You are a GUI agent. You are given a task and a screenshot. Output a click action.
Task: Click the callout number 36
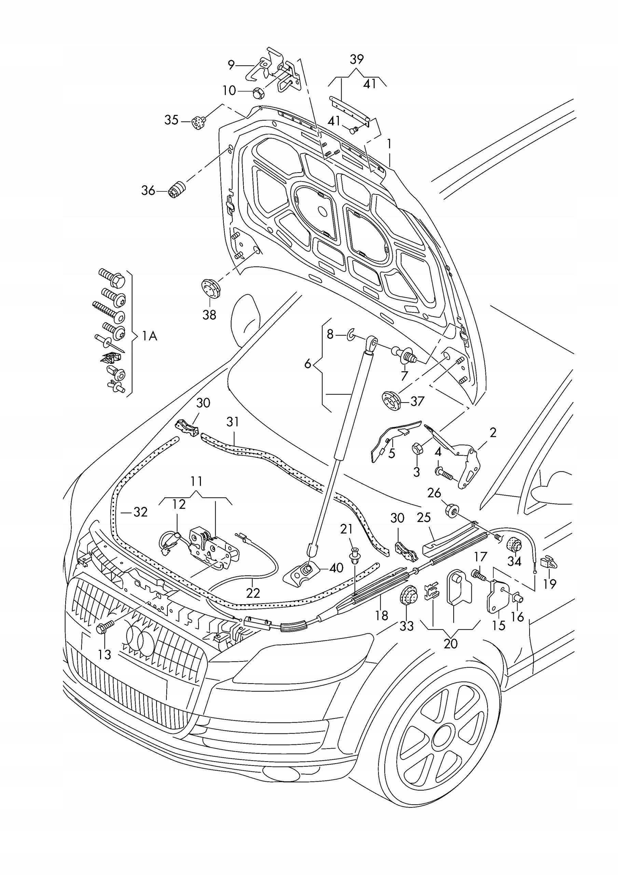148,190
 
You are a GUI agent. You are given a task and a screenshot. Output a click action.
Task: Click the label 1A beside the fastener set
149,336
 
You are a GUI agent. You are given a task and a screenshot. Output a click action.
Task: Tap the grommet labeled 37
391,402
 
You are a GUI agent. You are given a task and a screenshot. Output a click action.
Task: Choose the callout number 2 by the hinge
493,433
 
